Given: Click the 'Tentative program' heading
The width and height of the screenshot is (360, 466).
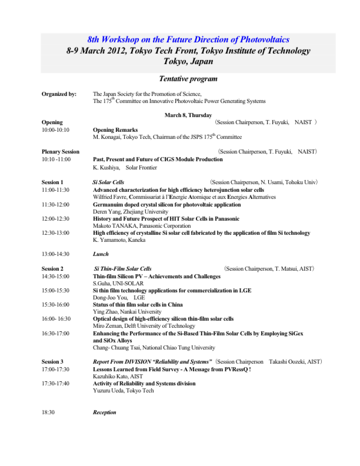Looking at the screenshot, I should point(180,79).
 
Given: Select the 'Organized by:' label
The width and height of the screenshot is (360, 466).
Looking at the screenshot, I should point(59,94).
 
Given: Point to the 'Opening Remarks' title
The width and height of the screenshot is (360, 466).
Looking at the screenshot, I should point(115,129).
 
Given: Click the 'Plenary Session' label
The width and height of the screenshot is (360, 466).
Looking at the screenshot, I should point(61,152).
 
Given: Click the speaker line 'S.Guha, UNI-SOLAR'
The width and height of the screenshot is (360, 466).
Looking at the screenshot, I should point(118,283).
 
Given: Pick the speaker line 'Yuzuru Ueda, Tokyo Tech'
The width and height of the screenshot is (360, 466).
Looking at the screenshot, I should point(122,391).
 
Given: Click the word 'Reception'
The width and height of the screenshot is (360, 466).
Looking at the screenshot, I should point(105,412).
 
